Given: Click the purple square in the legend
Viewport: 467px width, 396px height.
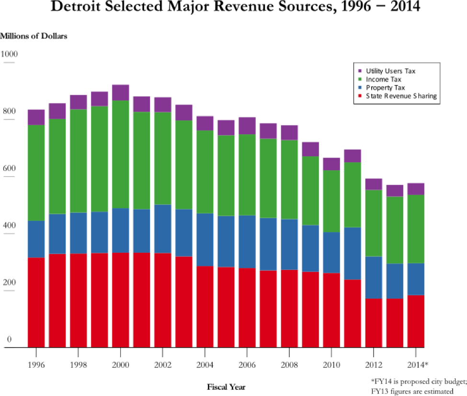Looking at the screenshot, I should coord(360,71).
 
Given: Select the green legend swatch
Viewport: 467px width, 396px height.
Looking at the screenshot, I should coord(360,79).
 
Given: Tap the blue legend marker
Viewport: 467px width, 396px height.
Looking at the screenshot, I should coord(360,87).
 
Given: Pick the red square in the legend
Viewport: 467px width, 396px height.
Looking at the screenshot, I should coord(360,96).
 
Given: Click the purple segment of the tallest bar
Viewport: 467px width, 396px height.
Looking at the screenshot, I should coord(121,93).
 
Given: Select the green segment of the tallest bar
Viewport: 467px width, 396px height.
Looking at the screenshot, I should coord(121,154).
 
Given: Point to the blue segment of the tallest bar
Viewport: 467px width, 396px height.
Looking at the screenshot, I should coord(121,230).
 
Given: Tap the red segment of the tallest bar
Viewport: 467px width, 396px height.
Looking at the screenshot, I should coord(121,300).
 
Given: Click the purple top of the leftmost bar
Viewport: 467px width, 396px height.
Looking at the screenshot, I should coord(36,117).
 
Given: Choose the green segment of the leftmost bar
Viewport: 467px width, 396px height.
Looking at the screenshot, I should coord(36,173).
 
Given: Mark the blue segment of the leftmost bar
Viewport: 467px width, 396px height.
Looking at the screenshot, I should coord(36,239).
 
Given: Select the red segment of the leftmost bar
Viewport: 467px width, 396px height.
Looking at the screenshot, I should coord(36,302).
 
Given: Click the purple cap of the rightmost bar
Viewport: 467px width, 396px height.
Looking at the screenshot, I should coord(416,189).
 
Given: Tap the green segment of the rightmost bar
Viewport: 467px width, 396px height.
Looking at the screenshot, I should coord(416,229).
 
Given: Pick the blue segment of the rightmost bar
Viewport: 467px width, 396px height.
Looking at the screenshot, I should coord(416,279).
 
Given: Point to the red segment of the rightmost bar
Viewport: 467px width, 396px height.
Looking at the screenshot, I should coord(416,321).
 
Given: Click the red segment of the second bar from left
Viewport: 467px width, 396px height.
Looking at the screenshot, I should coord(57,300).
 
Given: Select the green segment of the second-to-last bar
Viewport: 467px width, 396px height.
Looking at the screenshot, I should coord(395,230).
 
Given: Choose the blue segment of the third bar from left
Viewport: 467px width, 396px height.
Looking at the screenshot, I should coord(78,233).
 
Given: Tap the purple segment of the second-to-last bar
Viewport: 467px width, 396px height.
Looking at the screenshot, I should coord(395,190).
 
